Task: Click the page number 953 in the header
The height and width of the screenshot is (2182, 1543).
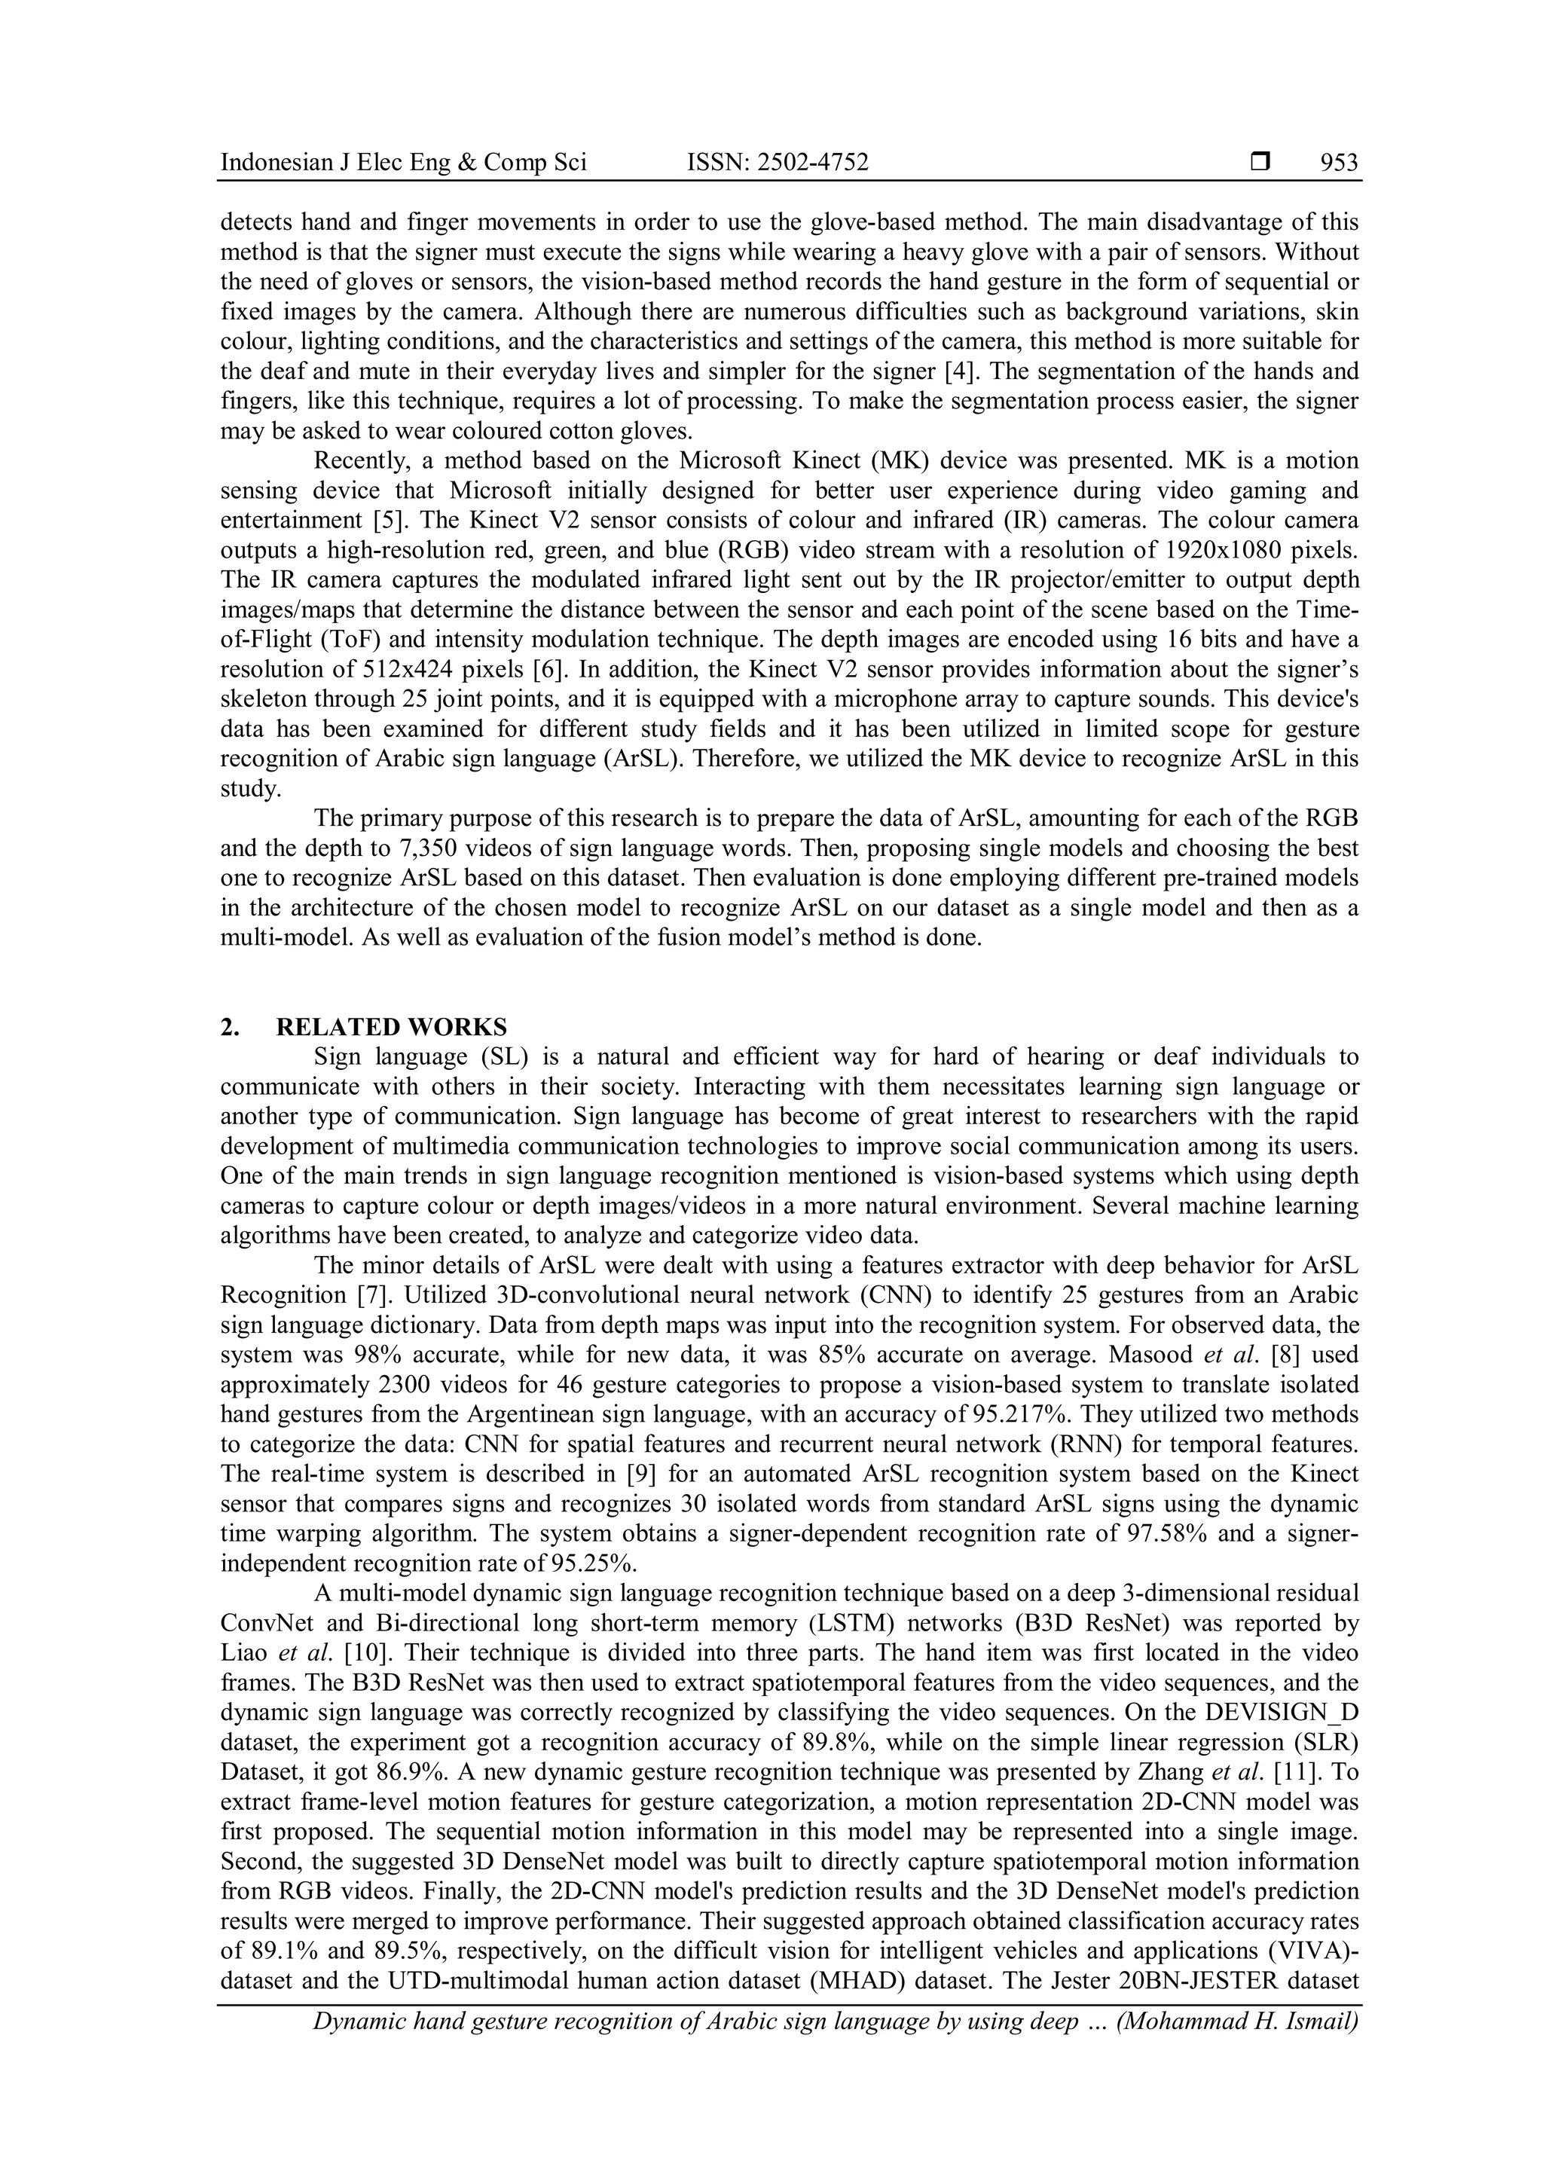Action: [x=1339, y=163]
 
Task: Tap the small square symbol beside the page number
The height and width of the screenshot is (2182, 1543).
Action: [x=1260, y=163]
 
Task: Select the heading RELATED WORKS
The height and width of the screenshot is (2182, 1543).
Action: [x=392, y=1026]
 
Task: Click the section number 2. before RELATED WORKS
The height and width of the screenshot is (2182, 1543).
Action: [x=229, y=1026]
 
